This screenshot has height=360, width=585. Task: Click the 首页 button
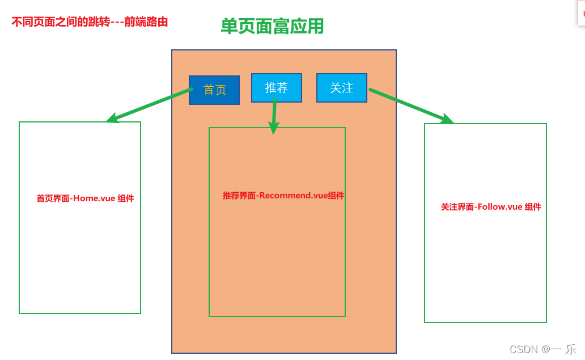click(214, 90)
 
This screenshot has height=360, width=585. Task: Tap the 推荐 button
click(277, 88)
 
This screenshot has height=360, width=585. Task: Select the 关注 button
click(342, 88)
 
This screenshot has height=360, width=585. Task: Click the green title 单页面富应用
click(272, 26)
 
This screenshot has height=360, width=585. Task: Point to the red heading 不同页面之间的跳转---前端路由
click(90, 23)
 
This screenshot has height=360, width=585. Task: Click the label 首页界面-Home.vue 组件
click(85, 198)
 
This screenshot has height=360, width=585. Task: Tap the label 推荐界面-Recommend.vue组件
click(283, 196)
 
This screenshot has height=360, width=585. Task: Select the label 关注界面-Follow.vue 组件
click(491, 207)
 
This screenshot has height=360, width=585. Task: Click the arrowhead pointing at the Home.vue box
click(112, 119)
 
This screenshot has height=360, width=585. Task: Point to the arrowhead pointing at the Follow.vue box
click(448, 120)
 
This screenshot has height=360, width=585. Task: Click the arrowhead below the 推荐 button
click(274, 129)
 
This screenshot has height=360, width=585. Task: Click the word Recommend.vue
click(294, 196)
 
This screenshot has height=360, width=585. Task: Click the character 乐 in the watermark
click(570, 349)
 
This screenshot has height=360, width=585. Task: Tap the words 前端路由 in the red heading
click(146, 23)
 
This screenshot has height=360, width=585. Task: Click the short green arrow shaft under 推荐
click(274, 111)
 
